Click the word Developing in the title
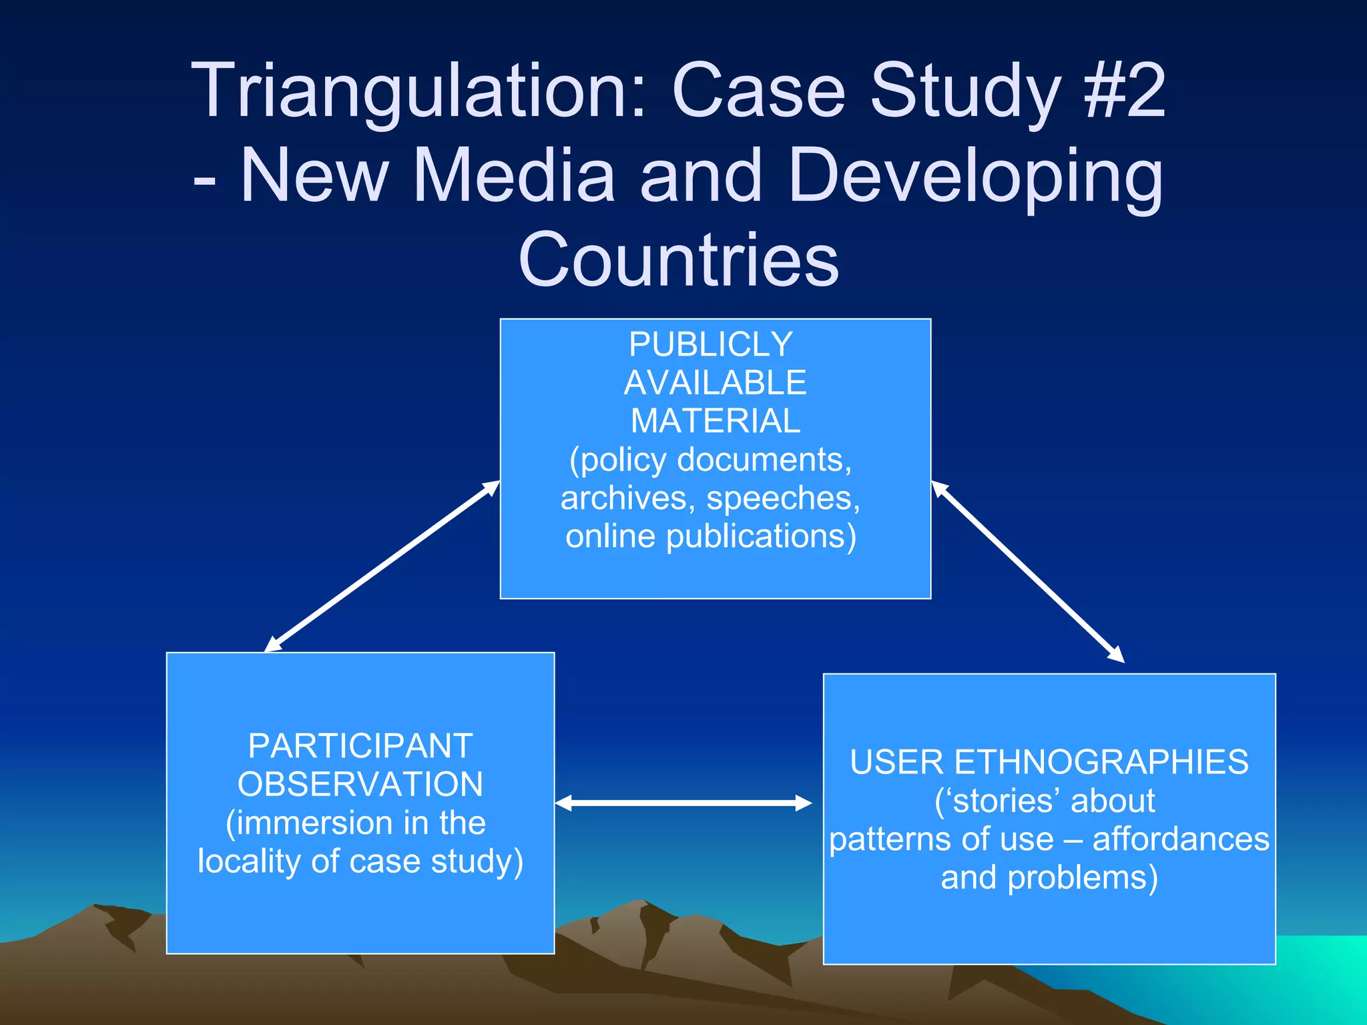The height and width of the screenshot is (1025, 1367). click(975, 176)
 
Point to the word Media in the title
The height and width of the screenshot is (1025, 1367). click(514, 175)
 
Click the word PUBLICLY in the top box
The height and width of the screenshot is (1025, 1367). click(711, 344)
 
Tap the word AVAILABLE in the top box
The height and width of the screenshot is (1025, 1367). click(715, 383)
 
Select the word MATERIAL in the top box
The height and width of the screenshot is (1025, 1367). click(715, 421)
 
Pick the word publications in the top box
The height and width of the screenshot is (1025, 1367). click(761, 536)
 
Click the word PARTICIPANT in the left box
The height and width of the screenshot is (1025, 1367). click(360, 745)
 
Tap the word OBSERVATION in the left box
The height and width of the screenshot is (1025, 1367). click(360, 784)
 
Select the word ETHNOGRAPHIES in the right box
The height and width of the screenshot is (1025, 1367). click(1101, 762)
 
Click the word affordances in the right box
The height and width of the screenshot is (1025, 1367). click(1181, 839)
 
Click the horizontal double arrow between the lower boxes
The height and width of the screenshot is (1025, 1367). click(683, 803)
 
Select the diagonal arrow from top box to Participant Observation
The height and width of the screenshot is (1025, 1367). click(382, 566)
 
